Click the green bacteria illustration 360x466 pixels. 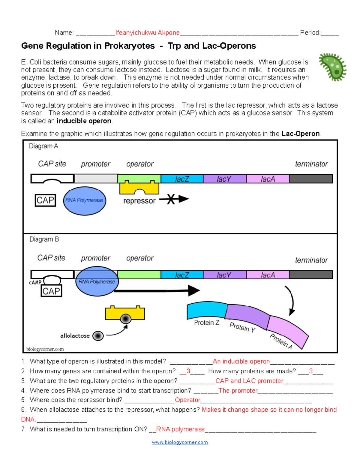(x=333, y=67)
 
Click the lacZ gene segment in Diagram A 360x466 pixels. (x=182, y=179)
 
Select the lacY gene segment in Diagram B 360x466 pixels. (x=224, y=275)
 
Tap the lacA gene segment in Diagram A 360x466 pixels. (x=268, y=179)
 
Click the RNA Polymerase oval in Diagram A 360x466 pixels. (x=84, y=200)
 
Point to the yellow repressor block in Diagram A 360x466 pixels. (x=139, y=188)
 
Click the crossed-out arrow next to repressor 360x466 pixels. (x=174, y=199)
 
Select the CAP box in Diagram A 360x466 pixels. (x=45, y=200)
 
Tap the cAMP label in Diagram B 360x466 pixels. (x=35, y=282)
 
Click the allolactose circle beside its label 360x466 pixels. (x=98, y=336)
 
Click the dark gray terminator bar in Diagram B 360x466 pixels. (x=311, y=275)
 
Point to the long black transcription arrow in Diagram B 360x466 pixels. (x=156, y=290)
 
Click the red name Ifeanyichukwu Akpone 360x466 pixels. (x=147, y=33)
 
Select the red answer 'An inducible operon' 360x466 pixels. (x=241, y=361)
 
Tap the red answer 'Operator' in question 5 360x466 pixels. (x=187, y=400)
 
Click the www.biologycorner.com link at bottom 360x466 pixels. (x=180, y=442)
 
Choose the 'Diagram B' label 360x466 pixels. (x=44, y=239)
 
